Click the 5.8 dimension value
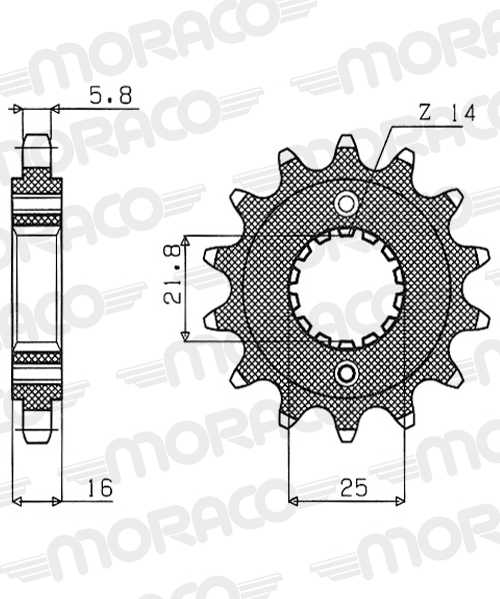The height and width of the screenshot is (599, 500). pyautogui.click(x=111, y=96)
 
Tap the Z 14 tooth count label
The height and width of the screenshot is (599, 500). pyautogui.click(x=447, y=113)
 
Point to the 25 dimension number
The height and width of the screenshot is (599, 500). pyautogui.click(x=354, y=487)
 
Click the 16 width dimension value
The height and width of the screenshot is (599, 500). pyautogui.click(x=100, y=487)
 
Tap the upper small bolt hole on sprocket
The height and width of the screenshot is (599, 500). pyautogui.click(x=346, y=204)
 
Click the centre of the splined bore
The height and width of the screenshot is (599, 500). pyautogui.click(x=346, y=289)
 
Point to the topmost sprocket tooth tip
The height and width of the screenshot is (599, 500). pyautogui.click(x=346, y=138)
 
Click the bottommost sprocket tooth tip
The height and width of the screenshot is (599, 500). pyautogui.click(x=346, y=439)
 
